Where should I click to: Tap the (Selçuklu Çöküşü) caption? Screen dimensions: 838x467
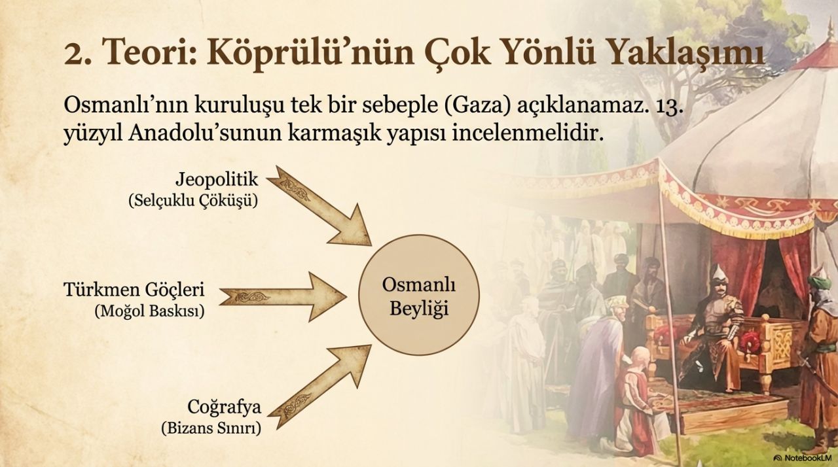coord(193,201)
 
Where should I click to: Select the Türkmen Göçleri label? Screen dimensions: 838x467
coord(134,290)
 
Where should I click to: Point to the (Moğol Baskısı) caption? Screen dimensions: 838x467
coord(150,311)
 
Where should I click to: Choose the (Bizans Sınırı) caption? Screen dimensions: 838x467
coord(211,428)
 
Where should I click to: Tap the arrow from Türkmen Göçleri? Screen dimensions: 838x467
coord(283,297)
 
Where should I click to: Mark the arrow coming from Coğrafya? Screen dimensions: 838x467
coord(320,387)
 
